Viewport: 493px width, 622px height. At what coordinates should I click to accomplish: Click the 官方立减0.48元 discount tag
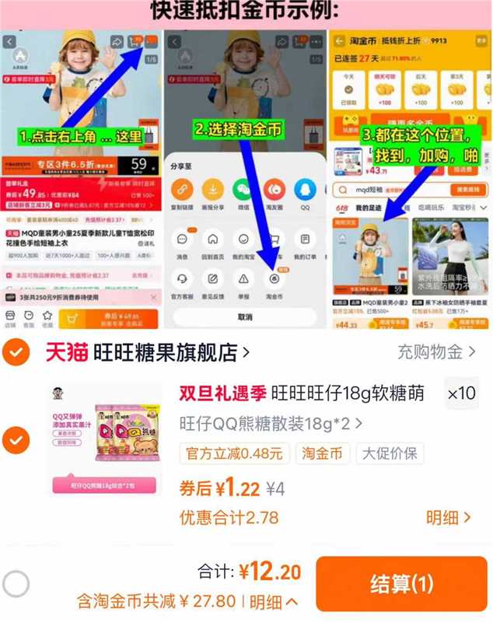pyautogui.click(x=235, y=453)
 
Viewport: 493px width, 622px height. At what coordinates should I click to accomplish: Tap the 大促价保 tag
pyautogui.click(x=386, y=453)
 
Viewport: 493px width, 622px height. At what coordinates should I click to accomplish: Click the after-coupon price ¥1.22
pyautogui.click(x=238, y=488)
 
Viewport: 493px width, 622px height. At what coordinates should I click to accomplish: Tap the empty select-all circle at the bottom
pyautogui.click(x=16, y=583)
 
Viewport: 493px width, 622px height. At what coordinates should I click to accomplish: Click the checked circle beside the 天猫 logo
pyautogui.click(x=16, y=352)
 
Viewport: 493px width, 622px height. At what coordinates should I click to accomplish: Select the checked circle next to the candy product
pyautogui.click(x=16, y=440)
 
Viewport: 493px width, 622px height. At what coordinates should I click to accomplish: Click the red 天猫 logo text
pyautogui.click(x=66, y=352)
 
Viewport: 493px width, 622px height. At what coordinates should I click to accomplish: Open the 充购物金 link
pyautogui.click(x=435, y=352)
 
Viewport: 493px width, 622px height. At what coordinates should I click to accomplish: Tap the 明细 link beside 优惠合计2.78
pyautogui.click(x=448, y=517)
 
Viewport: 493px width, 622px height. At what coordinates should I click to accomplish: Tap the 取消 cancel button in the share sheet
pyautogui.click(x=245, y=317)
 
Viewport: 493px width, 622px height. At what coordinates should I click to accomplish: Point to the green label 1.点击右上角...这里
pyautogui.click(x=82, y=137)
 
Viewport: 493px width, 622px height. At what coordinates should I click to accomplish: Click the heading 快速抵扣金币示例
pyautogui.click(x=246, y=11)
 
